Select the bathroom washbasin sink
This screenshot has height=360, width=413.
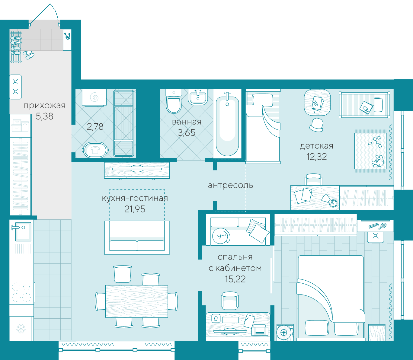point(198,97)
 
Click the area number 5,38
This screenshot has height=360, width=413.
point(44,116)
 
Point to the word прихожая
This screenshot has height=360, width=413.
point(44,106)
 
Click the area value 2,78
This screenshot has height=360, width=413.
point(95,127)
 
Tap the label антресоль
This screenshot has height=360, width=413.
point(231,185)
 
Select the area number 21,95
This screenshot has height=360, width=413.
point(135,209)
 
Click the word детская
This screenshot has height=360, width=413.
point(316,146)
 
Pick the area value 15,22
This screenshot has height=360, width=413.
point(235,279)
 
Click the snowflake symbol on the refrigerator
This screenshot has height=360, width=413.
point(21,329)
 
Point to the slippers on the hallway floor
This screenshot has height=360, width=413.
point(28,55)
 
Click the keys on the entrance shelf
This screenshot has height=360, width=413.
point(67,36)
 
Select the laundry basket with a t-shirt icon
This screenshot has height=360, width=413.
point(95,150)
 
